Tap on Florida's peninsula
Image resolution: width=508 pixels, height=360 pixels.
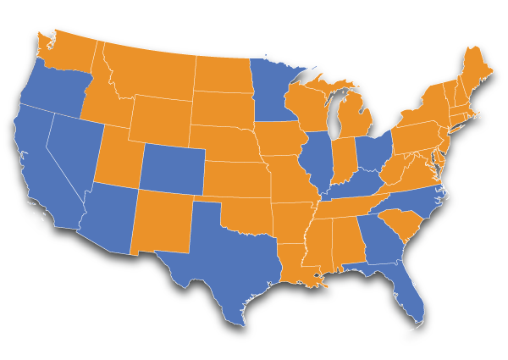(405, 292)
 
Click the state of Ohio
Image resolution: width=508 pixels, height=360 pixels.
(372, 152)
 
